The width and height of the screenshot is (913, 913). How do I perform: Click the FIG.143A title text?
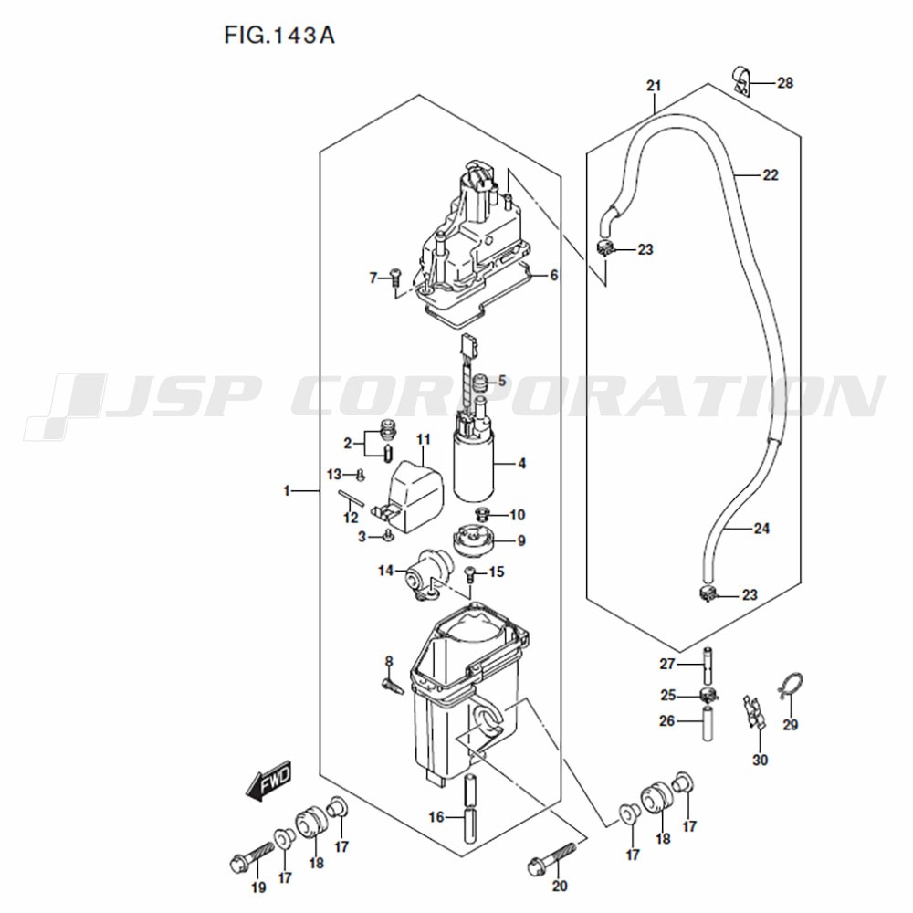279,36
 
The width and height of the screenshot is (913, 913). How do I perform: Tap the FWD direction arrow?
268,781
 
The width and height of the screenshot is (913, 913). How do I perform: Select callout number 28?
785,83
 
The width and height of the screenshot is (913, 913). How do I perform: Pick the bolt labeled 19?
252,860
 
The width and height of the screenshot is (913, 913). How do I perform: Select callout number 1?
286,491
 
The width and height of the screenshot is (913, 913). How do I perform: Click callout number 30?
760,760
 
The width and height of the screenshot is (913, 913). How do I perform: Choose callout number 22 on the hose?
770,174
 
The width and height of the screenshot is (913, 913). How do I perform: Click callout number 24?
761,528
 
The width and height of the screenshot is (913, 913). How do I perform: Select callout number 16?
436,817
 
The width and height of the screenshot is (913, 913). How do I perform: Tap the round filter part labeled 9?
473,540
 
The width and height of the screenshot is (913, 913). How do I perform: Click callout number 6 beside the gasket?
553,275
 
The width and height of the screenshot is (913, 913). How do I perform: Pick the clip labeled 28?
740,82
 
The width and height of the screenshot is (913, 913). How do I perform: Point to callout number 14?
385,571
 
